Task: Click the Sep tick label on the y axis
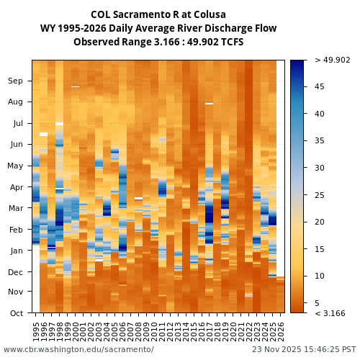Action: (15, 81)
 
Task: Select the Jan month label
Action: (15, 251)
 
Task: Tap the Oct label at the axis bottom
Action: (15, 313)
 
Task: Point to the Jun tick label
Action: (15, 144)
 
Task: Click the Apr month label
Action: (15, 187)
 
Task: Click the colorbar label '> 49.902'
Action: (332, 60)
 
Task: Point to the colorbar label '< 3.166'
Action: (330, 313)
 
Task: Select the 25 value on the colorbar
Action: (319, 195)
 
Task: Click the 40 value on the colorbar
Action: (319, 114)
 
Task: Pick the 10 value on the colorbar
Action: (319, 276)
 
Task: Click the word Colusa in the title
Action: (210, 14)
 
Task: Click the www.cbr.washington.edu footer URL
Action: (78, 349)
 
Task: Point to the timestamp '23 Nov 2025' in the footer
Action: (276, 349)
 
